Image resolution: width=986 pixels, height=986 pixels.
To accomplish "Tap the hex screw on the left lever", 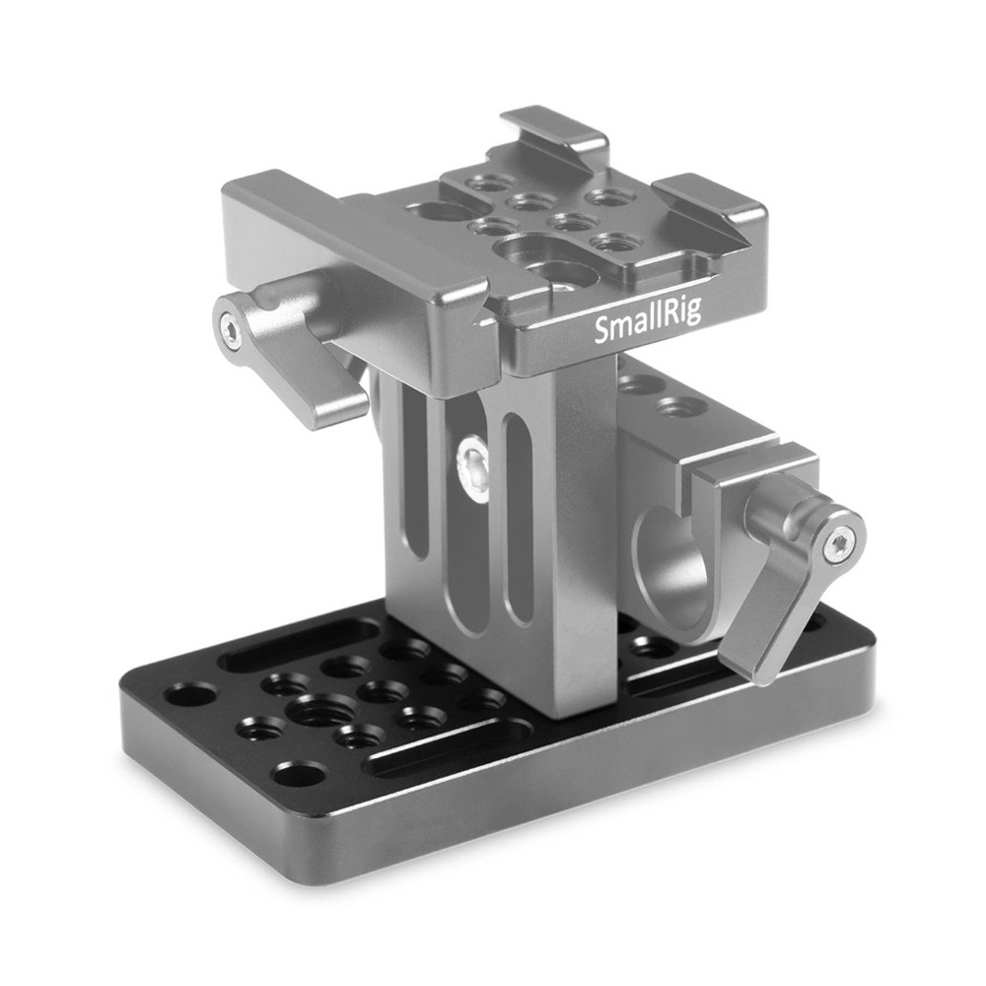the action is pyautogui.click(x=230, y=325).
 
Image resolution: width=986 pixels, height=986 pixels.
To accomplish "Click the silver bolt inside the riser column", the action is pyautogui.click(x=474, y=468).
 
